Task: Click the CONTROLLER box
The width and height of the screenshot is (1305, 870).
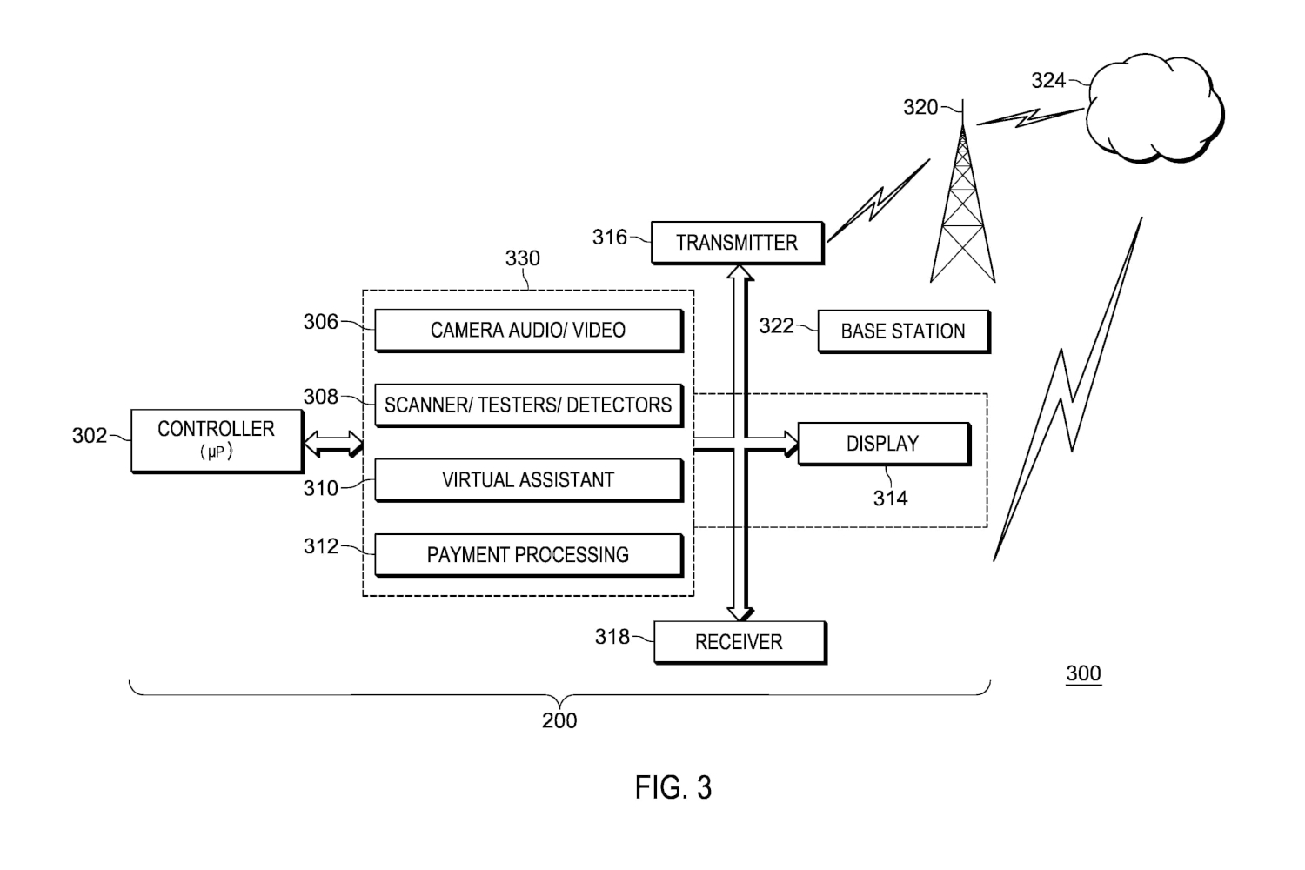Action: (x=217, y=441)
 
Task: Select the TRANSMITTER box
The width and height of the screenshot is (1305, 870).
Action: (x=738, y=243)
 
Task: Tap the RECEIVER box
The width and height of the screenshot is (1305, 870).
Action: (x=739, y=642)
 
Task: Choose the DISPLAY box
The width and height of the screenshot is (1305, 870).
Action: (x=884, y=444)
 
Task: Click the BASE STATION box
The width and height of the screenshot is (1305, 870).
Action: (x=904, y=331)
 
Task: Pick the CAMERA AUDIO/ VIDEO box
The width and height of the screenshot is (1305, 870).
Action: (x=528, y=331)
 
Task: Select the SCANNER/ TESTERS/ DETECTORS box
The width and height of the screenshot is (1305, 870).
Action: (x=528, y=405)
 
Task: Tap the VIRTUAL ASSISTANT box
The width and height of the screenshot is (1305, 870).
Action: (x=528, y=480)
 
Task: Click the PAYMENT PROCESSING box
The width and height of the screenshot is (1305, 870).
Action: (x=528, y=555)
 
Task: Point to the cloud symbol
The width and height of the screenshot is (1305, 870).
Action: (x=1155, y=109)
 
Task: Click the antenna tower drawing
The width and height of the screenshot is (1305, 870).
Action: (x=962, y=192)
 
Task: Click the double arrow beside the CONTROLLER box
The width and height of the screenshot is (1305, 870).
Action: (x=333, y=444)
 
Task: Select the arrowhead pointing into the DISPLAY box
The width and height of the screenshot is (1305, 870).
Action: (x=791, y=444)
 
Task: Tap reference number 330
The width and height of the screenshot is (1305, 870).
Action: (x=523, y=258)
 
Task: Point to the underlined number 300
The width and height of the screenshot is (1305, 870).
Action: (x=1083, y=673)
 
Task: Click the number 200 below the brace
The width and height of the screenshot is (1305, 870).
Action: (x=559, y=721)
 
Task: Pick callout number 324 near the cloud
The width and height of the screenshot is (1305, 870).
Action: (x=1048, y=80)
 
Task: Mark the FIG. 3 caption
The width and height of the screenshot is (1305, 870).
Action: (x=673, y=788)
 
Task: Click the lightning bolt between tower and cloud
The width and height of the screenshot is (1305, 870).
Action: (x=1030, y=117)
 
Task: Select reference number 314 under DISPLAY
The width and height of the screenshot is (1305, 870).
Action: (x=890, y=499)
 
